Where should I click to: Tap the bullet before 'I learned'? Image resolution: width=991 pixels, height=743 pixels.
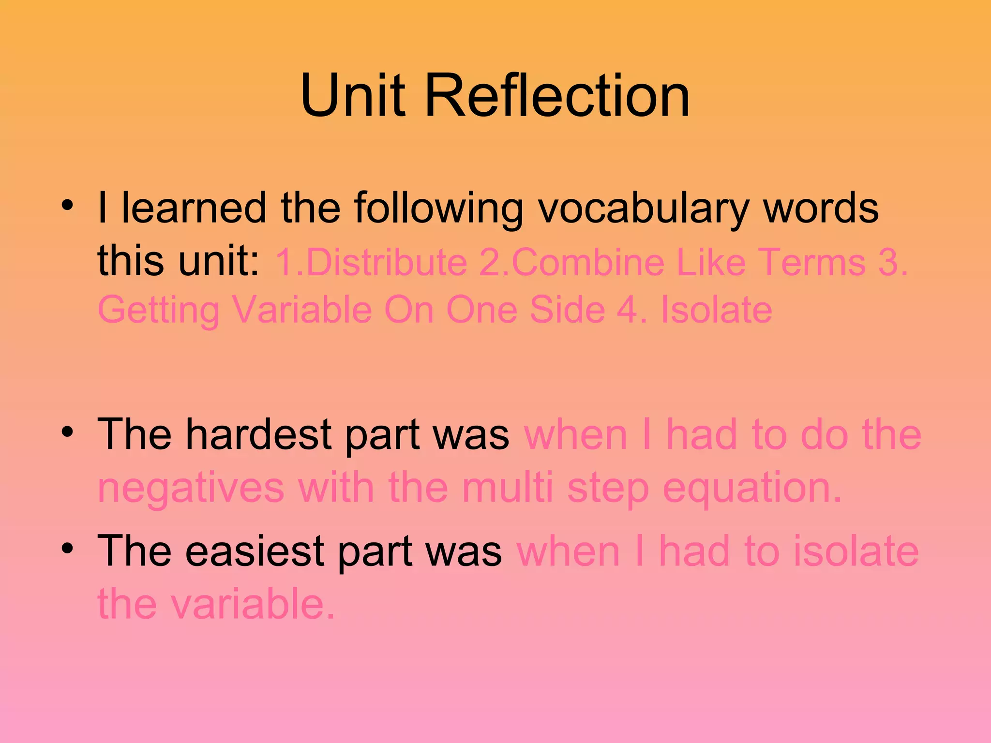pos(68,206)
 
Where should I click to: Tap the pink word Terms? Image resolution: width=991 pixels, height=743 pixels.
pos(811,262)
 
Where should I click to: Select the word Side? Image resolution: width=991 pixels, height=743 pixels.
pos(567,310)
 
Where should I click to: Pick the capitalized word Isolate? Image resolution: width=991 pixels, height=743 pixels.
pos(716,310)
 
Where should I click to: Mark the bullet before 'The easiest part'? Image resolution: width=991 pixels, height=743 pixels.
pos(68,548)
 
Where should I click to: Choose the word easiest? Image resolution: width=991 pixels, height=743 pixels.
pos(255,551)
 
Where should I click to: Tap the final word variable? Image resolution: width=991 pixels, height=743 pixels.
pos(252,604)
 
